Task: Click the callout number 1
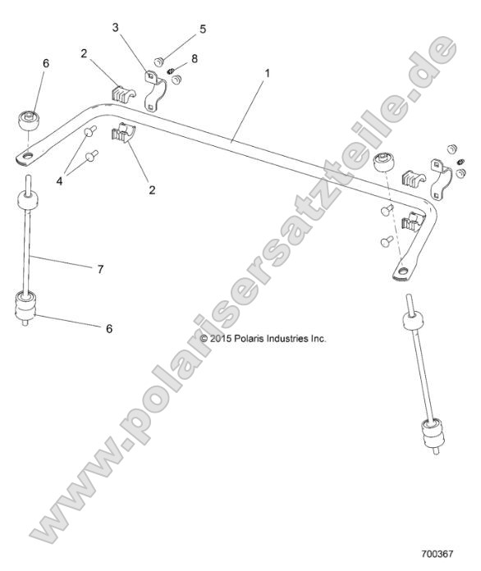pos(264,73)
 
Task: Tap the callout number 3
pos(116,28)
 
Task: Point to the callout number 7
pos(100,268)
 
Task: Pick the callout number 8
pos(194,58)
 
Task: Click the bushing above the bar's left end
pos(30,116)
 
